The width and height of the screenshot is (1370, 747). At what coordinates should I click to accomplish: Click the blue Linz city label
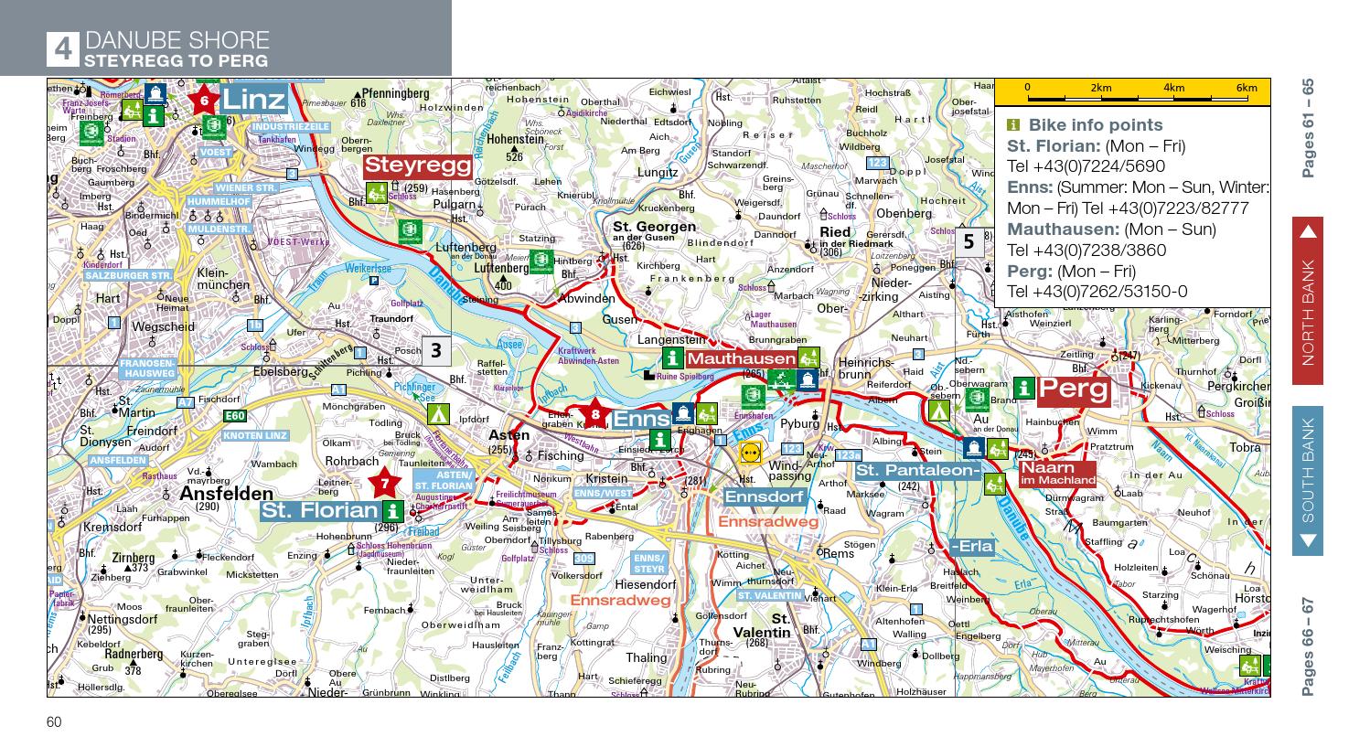tap(253, 98)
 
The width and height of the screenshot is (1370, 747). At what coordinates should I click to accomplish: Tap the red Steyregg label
tap(417, 165)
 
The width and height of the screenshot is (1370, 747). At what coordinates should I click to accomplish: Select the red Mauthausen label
tap(741, 359)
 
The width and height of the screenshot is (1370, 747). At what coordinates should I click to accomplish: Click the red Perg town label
tap(1074, 390)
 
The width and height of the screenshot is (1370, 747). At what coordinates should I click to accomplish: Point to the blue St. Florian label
tap(319, 511)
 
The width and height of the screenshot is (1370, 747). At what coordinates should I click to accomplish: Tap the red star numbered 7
tap(385, 483)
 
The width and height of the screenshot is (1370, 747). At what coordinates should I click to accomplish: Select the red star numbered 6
tap(204, 101)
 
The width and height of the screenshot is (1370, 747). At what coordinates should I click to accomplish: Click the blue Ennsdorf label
tap(765, 496)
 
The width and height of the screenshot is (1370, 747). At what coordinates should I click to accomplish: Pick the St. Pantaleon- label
tap(917, 470)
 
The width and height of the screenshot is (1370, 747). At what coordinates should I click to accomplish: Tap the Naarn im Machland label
tap(1057, 473)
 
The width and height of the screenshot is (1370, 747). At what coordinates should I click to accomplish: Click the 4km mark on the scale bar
tap(1173, 89)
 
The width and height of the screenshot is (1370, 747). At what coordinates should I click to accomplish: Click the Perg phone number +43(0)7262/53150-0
tap(1097, 292)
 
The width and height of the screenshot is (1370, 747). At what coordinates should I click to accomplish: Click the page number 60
tap(54, 722)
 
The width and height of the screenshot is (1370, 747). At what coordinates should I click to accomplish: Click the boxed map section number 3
tap(435, 349)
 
